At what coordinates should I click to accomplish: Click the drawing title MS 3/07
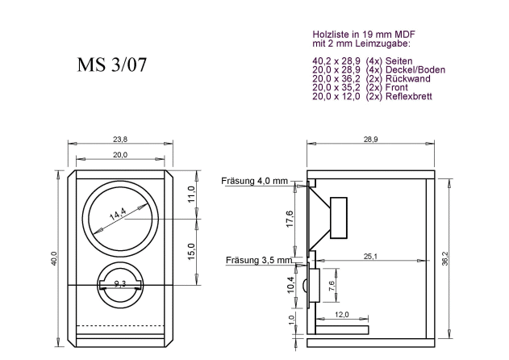pos(111,65)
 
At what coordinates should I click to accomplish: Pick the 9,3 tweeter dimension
pos(119,284)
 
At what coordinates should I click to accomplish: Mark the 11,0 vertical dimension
pos(191,194)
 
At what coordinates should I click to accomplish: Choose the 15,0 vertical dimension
pos(191,251)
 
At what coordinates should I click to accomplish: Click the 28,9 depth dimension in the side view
pos(370,140)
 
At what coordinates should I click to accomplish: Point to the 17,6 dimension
pos(290,219)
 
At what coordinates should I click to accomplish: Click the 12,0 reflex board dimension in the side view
pos(341,315)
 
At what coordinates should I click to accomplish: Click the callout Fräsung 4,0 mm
pos(254,182)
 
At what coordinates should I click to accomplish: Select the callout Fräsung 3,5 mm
pos(254,259)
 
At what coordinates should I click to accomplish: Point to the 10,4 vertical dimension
pos(290,287)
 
